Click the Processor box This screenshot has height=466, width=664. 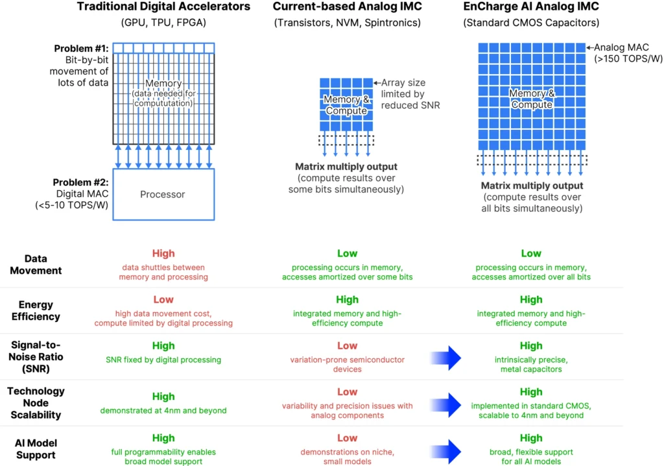(163, 194)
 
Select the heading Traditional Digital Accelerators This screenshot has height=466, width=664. (163, 6)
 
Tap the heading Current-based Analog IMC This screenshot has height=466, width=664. (348, 6)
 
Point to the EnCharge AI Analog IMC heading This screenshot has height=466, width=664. (531, 6)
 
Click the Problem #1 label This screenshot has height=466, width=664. (81, 48)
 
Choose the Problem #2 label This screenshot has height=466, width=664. (80, 182)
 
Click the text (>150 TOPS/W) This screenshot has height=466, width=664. (628, 59)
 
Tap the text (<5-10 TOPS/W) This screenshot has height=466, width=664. (71, 205)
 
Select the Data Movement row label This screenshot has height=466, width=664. (36, 265)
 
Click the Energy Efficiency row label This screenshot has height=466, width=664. (36, 310)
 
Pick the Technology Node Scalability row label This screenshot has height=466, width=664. (36, 403)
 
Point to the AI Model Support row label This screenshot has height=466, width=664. (36, 449)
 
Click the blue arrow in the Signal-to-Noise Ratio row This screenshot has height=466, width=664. (445, 358)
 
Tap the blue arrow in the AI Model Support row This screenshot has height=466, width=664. (445, 451)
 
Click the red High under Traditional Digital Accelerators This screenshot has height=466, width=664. (163, 254)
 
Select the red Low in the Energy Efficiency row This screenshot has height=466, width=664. (163, 300)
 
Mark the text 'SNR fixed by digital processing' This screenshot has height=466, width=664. (163, 360)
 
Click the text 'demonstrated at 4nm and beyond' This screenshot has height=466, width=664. (163, 410)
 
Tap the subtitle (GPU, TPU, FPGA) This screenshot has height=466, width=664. (163, 23)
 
